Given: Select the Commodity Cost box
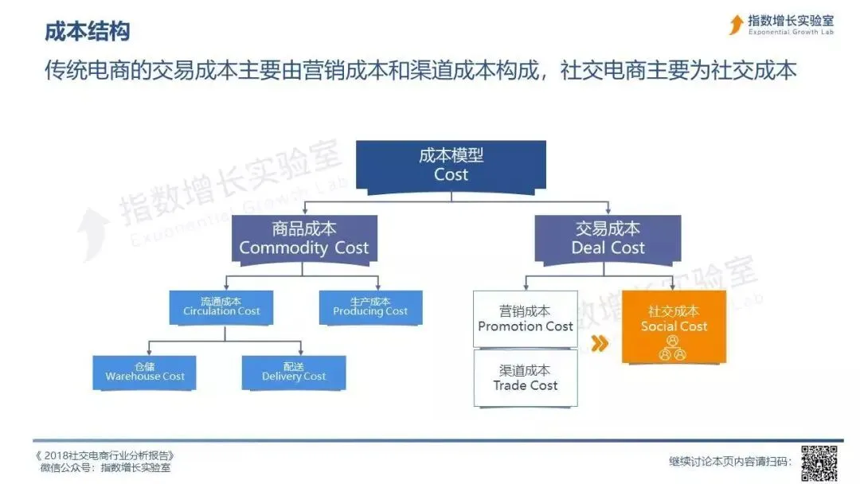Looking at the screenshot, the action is click(x=303, y=238).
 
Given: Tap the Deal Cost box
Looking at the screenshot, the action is click(x=608, y=238).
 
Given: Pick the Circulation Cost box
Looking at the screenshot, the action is click(x=221, y=307).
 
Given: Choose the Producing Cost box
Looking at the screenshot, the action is click(x=370, y=307).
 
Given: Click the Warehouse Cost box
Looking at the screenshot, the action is click(x=145, y=373).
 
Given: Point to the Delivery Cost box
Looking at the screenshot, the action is click(x=294, y=373).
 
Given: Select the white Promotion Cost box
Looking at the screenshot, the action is click(x=526, y=318).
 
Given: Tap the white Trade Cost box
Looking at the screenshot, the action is click(x=526, y=378).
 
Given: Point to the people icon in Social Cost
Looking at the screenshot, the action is click(x=673, y=347).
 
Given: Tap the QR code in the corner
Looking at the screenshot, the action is click(x=819, y=462).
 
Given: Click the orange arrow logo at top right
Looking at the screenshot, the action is click(x=737, y=25).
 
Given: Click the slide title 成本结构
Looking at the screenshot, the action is click(x=86, y=32).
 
